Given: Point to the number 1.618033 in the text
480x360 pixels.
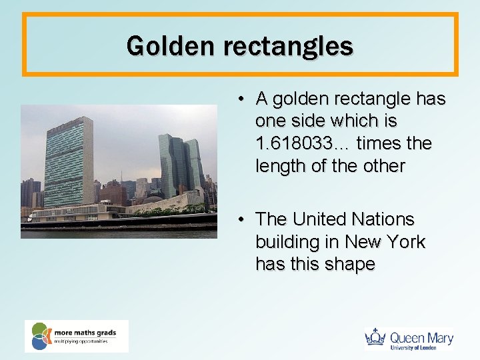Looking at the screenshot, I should coord(303,143).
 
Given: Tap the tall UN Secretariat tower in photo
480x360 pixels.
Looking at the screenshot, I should coord(68,163).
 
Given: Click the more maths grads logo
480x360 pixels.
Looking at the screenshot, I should coord(76,336).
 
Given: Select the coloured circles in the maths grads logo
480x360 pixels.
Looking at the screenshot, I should coord(41,336).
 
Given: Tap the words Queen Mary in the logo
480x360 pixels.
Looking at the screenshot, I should coord(421,337).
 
